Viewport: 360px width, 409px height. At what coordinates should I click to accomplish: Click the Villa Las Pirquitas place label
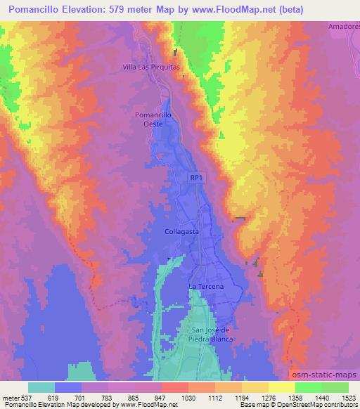(x=152, y=67)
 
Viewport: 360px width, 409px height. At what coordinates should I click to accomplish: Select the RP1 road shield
(x=196, y=179)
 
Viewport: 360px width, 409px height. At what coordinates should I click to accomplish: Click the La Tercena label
(x=205, y=287)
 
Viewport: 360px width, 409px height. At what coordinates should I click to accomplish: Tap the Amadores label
(x=343, y=27)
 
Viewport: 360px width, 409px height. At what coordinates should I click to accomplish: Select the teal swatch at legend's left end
(x=41, y=387)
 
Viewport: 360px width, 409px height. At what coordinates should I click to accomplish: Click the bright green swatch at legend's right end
(x=335, y=387)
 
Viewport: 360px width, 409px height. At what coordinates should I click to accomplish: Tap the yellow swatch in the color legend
(x=281, y=387)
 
